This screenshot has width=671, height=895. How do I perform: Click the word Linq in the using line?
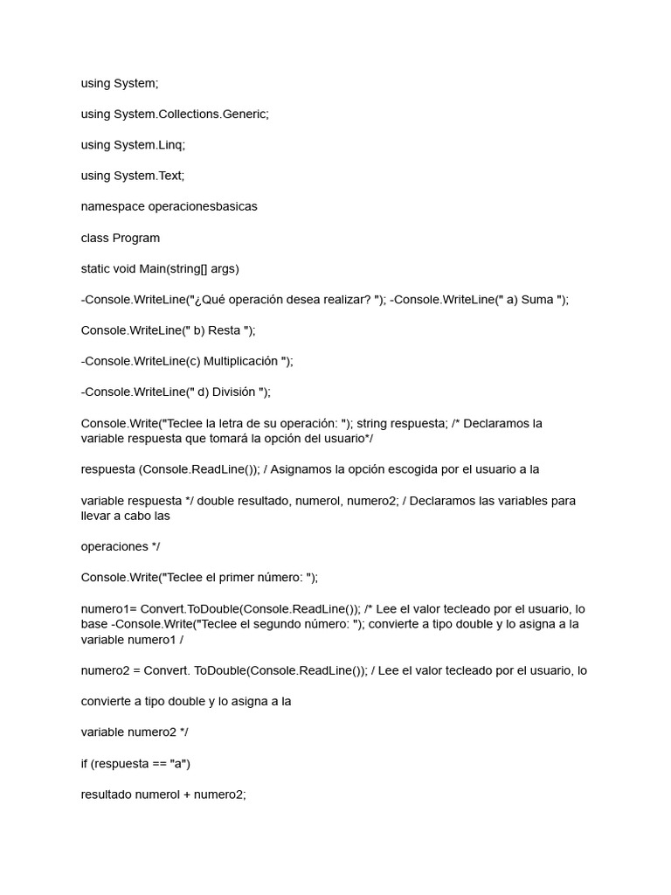pyautogui.click(x=171, y=145)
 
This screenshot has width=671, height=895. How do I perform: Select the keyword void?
pyautogui.click(x=129, y=268)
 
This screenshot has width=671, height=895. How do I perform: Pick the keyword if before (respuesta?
pyautogui.click(x=85, y=764)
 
